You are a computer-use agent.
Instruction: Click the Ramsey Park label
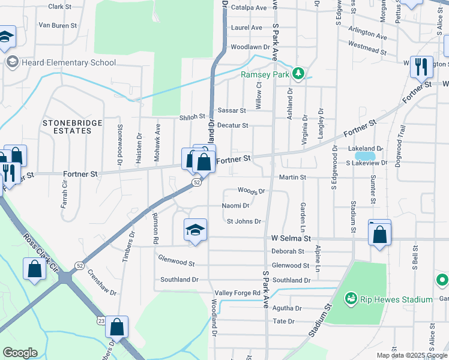[265, 74]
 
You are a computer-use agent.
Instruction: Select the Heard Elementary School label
[68, 62]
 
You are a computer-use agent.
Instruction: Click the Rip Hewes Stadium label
[396, 299]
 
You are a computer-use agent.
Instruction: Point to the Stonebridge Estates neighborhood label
[72, 126]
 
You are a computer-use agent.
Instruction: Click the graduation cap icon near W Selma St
[194, 230]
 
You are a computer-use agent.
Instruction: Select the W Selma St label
[291, 238]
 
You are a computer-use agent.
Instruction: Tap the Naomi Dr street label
[235, 205]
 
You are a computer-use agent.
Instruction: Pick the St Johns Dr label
[244, 221]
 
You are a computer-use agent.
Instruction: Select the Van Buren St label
[58, 25]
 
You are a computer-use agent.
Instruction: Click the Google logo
[20, 353]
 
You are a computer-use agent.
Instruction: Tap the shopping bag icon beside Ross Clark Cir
[34, 270]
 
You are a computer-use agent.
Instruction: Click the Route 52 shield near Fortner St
[196, 182]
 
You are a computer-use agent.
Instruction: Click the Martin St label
[292, 177]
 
